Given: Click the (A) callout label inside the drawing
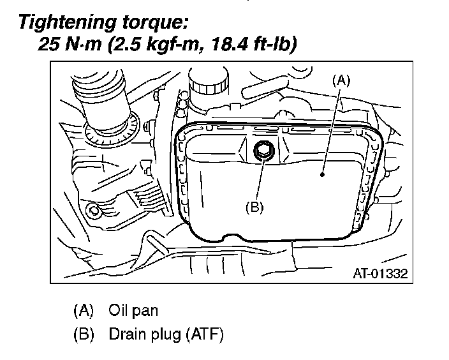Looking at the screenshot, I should [341, 80].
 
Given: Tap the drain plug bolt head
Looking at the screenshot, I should [263, 151].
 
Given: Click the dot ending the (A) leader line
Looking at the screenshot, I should [323, 172].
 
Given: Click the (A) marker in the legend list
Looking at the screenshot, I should [84, 311].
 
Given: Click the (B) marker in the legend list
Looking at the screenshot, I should [84, 334].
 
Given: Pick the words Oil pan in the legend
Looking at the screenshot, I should [133, 311].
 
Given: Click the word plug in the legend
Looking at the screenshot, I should [163, 334].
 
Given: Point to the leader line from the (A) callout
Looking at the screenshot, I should [332, 128].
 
